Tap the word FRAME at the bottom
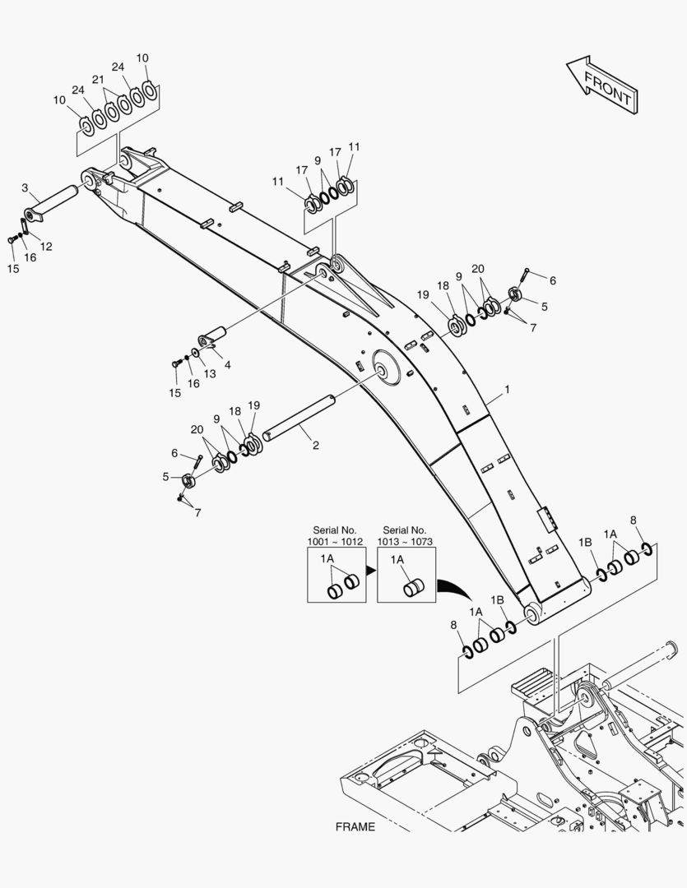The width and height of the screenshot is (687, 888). [x=355, y=827]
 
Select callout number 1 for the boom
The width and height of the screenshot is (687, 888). [x=508, y=390]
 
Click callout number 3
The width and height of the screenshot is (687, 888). [x=25, y=188]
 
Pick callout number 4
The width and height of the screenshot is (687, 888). [x=227, y=364]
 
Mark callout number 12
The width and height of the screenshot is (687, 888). [x=46, y=246]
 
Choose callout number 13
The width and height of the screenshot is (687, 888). [x=210, y=374]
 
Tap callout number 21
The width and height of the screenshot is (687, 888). [x=98, y=80]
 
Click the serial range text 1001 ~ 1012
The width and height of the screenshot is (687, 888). [x=336, y=543]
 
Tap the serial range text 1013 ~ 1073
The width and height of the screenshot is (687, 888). [x=406, y=543]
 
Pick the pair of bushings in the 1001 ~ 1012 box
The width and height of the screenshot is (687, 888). [x=343, y=585]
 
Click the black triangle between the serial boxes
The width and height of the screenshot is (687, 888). [x=370, y=571]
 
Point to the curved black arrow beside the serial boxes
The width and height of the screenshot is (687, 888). [x=455, y=590]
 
